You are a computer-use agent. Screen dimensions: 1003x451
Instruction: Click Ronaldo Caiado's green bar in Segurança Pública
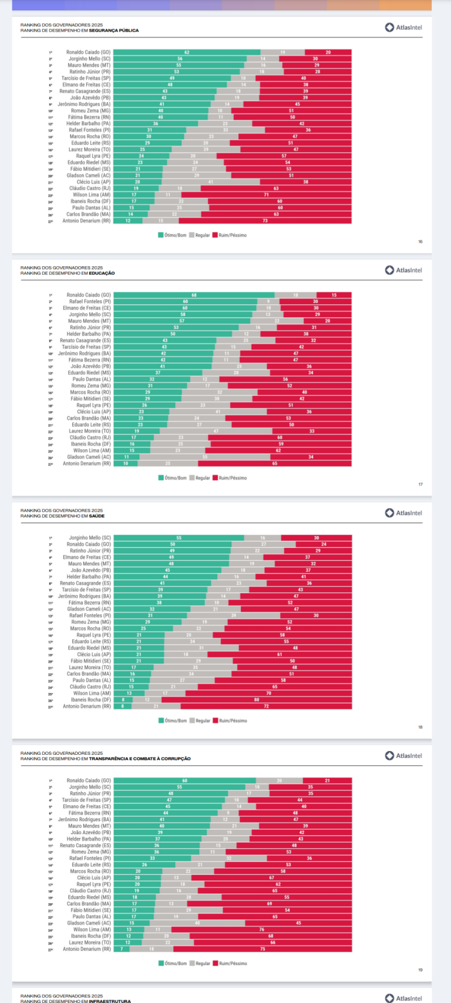click(187, 52)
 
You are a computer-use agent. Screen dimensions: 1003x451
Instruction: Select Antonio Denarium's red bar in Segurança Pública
click(265, 221)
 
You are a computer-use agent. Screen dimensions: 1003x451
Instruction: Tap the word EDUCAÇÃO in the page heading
click(102, 273)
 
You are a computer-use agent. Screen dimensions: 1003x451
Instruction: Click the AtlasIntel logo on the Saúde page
click(403, 513)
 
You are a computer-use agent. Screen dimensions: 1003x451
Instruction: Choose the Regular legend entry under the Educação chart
click(200, 478)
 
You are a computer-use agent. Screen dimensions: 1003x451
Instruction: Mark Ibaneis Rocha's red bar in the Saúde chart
click(256, 699)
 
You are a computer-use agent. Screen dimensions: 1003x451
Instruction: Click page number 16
click(420, 242)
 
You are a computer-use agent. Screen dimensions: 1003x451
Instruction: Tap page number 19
click(420, 969)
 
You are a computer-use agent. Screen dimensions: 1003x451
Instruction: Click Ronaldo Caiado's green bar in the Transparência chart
click(185, 781)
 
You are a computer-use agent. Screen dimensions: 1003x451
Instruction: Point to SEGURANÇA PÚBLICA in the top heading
click(114, 30)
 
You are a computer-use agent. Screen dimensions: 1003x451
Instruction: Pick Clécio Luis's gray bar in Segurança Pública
click(211, 182)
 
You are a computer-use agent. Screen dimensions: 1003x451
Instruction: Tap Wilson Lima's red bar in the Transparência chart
click(262, 930)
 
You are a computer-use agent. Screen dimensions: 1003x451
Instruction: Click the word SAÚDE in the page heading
click(97, 516)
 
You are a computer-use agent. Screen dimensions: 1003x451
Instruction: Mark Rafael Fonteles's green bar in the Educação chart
click(185, 301)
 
